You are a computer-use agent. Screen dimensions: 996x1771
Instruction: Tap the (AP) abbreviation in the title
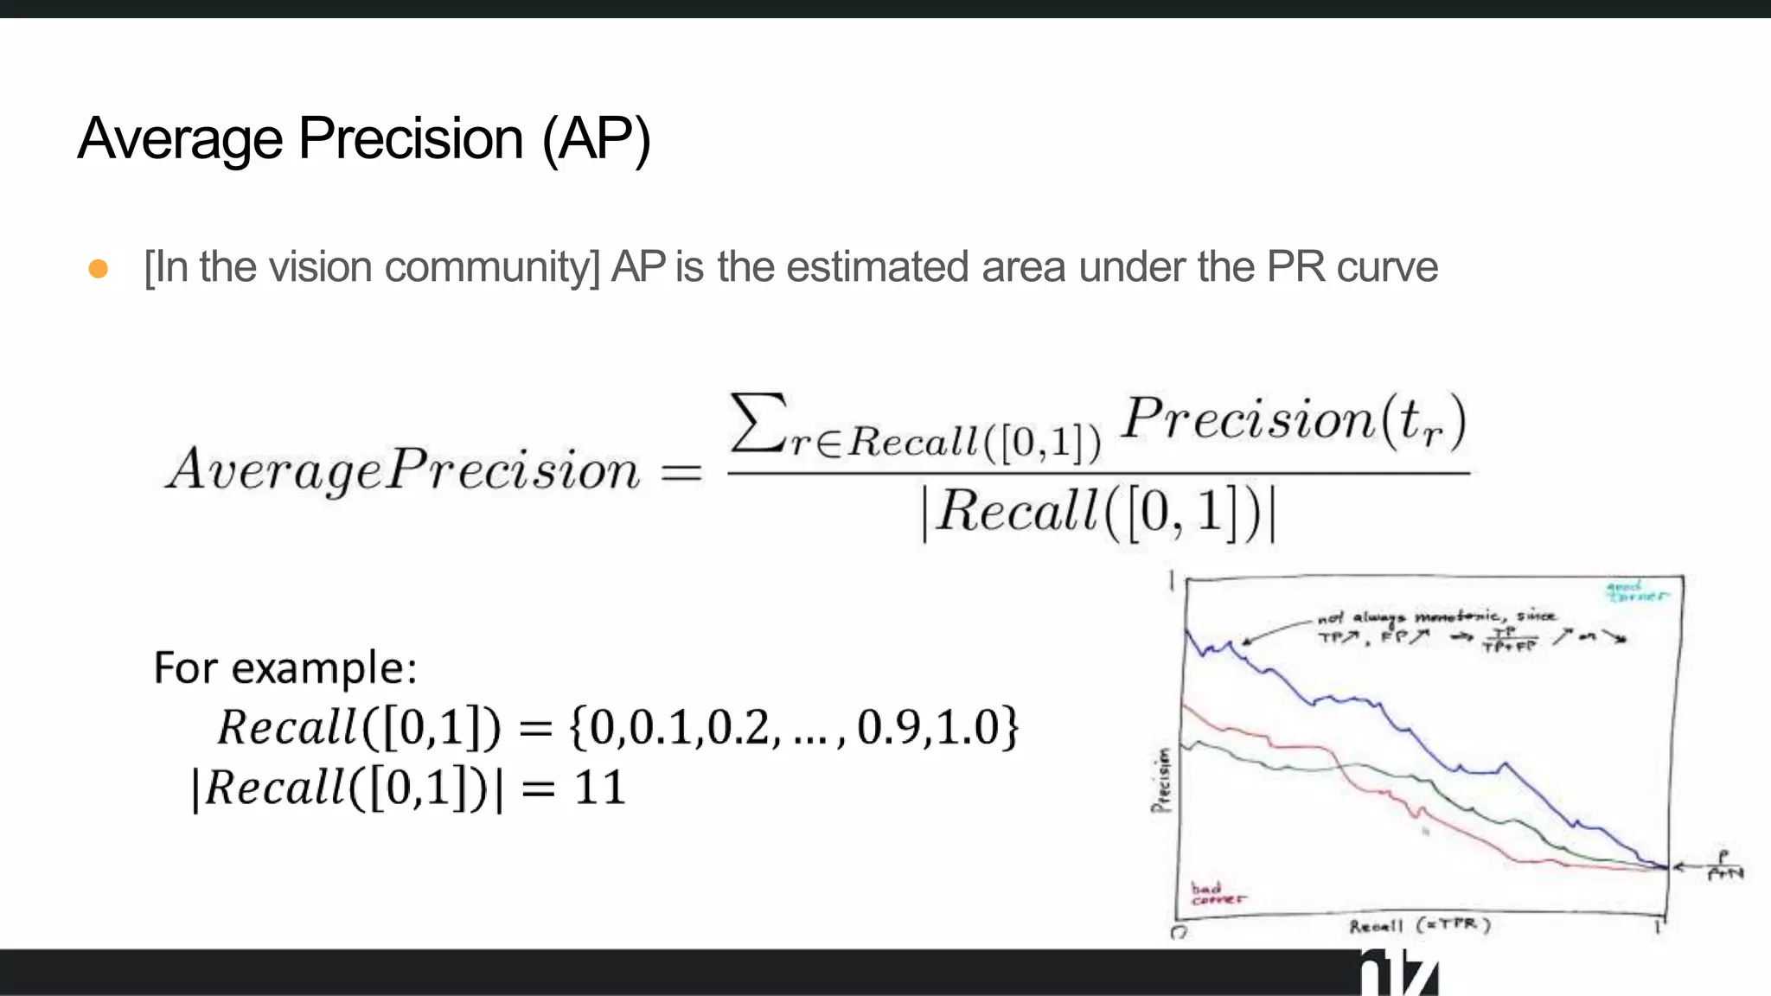coord(596,139)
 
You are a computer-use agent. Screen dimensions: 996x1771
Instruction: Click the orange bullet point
coord(99,269)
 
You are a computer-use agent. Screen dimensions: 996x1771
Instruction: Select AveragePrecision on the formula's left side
coord(403,469)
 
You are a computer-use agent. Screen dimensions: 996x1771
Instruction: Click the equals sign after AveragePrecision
coord(681,472)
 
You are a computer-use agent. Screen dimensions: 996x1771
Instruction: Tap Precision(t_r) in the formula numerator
coord(1294,421)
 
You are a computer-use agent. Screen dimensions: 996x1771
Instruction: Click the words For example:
coord(285,667)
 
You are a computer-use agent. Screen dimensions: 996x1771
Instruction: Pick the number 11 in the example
coord(600,788)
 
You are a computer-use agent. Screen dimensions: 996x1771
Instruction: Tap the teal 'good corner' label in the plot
coord(1634,591)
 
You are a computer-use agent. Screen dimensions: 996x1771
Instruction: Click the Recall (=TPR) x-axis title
coord(1420,926)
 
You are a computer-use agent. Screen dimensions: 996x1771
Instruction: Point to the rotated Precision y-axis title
coord(1161,780)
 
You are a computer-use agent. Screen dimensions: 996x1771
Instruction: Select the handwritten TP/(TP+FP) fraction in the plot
coord(1509,639)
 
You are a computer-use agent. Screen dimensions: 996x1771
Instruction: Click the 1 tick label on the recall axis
coord(1658,927)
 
